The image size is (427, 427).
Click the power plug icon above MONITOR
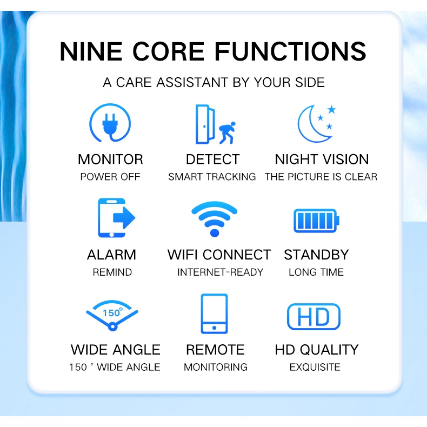tap(110, 124)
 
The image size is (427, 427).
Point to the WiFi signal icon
tap(215, 218)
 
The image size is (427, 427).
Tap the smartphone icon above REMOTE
tap(214, 314)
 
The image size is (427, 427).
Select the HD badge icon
tap(313, 317)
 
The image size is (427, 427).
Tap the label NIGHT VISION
tap(322, 159)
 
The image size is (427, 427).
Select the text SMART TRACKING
tap(212, 177)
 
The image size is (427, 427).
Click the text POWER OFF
tap(110, 177)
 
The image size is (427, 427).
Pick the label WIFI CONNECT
tap(219, 255)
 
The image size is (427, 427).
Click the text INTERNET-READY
tap(220, 272)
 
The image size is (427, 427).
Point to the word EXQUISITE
tap(315, 367)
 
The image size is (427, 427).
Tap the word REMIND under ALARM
tap(112, 272)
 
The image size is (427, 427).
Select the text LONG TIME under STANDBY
tap(316, 272)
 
